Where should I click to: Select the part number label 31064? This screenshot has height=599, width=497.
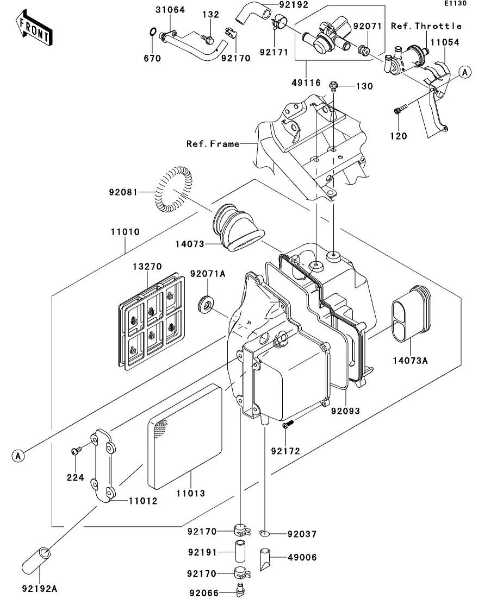170,10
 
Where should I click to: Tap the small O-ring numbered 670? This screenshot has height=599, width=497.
152,31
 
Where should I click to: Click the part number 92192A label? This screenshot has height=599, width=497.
40,589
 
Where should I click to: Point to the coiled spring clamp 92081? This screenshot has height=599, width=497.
173,189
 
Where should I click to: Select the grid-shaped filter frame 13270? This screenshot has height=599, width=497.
152,321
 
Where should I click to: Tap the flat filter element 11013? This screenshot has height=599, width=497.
185,437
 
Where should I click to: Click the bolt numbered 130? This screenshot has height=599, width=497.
334,85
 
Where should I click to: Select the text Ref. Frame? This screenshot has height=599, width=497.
213,144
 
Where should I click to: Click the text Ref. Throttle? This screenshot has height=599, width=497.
426,26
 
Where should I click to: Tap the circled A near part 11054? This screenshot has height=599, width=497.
465,72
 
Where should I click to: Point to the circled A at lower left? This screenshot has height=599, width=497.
18,456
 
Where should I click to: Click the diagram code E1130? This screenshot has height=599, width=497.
455,3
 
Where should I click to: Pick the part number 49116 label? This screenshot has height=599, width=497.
306,83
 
